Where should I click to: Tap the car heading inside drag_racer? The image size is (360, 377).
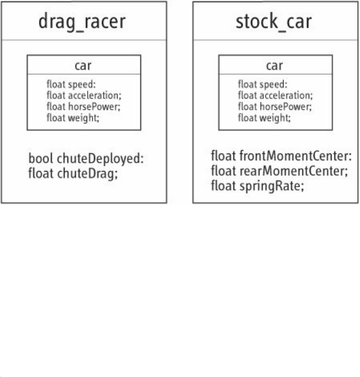83,67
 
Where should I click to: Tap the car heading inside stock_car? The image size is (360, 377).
275,67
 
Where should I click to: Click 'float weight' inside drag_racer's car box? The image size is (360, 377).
73,117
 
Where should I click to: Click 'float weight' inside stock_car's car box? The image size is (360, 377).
264,117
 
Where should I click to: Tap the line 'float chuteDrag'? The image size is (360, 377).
73,173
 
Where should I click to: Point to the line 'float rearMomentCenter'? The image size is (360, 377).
279,172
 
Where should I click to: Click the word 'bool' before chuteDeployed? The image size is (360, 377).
38,159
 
